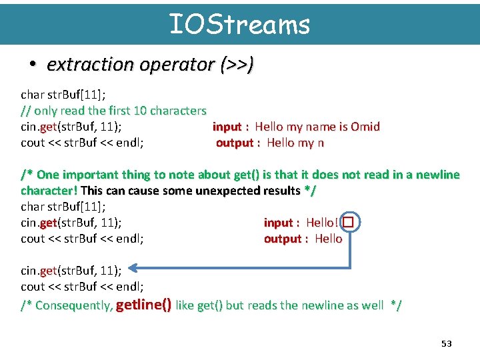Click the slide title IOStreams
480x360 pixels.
tap(239, 24)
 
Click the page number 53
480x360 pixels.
tap(446, 343)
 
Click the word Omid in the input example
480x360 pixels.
tap(365, 127)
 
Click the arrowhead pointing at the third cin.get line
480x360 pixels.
tap(133, 268)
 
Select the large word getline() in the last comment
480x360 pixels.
tap(143, 305)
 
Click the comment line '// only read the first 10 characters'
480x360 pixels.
tap(113, 111)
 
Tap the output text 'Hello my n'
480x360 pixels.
tap(295, 143)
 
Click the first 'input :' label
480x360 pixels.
tap(231, 127)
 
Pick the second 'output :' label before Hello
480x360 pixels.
tap(285, 239)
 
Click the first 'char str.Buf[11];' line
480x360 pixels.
tap(63, 95)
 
